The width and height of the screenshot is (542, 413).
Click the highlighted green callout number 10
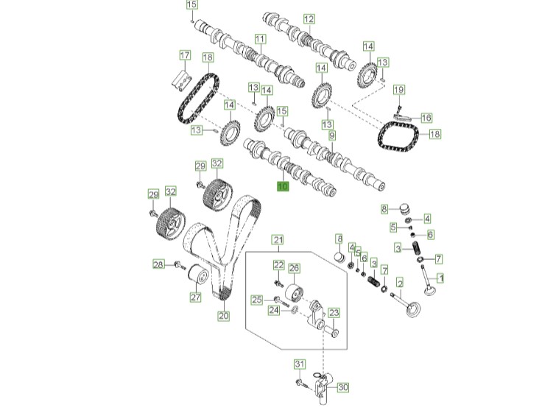(283, 187)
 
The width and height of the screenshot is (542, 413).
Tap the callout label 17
(185, 55)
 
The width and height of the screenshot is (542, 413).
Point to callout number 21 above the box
(278, 239)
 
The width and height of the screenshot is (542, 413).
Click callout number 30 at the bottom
(343, 386)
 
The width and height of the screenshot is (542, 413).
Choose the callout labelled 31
(299, 364)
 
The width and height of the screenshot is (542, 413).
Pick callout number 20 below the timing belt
(223, 316)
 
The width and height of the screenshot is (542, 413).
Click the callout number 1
(441, 278)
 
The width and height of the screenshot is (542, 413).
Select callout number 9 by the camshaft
(332, 136)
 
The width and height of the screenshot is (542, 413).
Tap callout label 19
(398, 90)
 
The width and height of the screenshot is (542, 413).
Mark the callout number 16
(426, 117)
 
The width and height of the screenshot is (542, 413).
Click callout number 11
(260, 38)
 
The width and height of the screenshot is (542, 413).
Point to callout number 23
(333, 313)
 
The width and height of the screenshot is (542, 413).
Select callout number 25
(257, 299)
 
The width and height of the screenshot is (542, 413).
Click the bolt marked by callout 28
(178, 264)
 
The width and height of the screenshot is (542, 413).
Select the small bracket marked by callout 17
(180, 77)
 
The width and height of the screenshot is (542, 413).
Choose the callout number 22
(278, 265)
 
